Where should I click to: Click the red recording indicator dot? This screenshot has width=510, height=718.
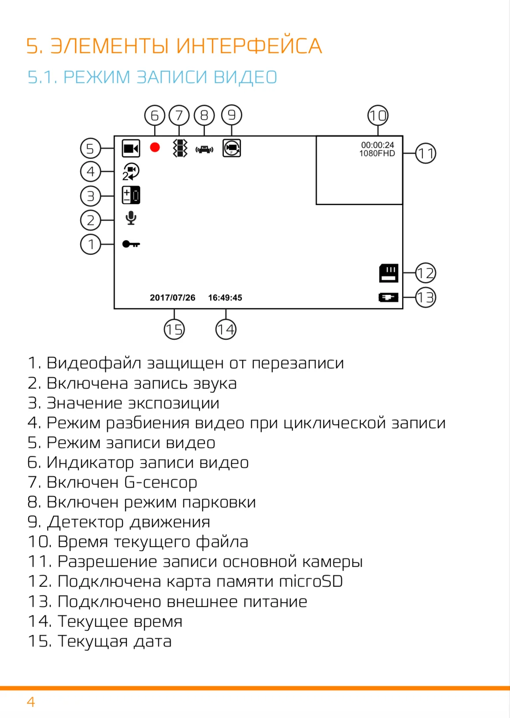155,147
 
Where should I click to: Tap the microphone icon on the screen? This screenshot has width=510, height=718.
131,218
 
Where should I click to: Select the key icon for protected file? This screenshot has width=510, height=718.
131,244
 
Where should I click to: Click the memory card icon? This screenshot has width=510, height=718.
389,273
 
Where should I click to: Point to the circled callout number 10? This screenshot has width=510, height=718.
378,115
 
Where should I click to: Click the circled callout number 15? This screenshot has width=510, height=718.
174,329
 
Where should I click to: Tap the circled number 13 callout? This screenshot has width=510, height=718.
425,298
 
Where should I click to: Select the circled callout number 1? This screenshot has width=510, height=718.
90,244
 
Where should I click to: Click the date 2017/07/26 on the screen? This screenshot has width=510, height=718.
173,298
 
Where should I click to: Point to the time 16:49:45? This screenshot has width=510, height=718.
225,298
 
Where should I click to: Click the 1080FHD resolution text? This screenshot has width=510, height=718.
377,154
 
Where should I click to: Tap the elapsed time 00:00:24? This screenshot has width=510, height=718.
377,145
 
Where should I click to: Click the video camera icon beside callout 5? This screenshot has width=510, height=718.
131,148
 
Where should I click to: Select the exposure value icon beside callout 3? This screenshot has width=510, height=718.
131,195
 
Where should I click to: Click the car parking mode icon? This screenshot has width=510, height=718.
204,149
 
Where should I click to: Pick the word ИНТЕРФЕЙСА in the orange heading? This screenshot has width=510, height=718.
249,46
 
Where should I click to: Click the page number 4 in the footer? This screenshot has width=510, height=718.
31,702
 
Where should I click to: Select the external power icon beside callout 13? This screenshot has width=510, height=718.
388,298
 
